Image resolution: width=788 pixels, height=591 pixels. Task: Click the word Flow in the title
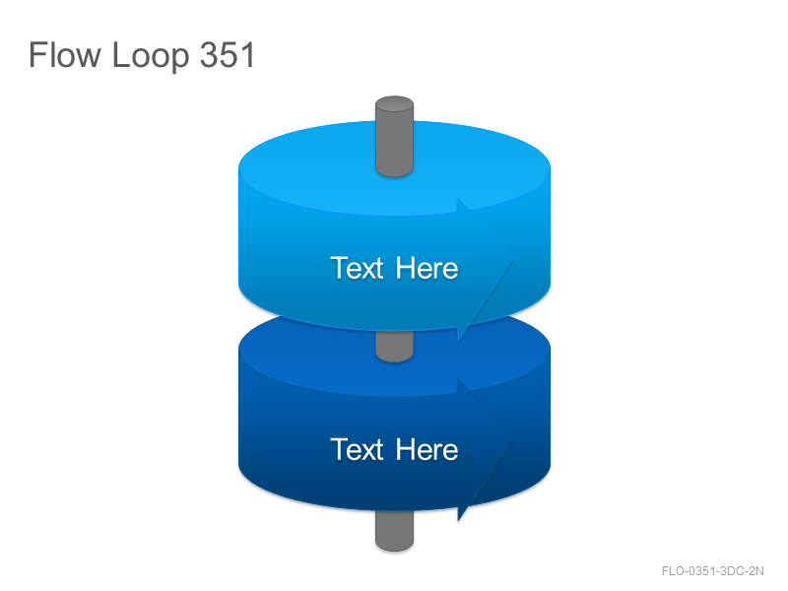tap(65, 54)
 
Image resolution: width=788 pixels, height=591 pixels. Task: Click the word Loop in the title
tap(151, 56)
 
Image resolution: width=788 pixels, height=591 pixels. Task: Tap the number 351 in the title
tap(228, 54)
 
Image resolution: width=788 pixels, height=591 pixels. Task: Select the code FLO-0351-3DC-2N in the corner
tap(712, 571)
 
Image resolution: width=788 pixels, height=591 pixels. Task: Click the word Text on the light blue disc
tap(357, 268)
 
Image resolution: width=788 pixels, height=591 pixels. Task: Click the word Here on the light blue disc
tap(427, 268)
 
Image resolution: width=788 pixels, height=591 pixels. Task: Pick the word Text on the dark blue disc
tap(357, 449)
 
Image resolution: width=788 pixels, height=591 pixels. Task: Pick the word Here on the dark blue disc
tap(427, 449)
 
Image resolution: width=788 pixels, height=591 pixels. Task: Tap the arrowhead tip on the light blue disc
tap(512, 259)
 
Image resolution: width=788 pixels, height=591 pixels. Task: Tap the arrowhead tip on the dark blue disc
tap(512, 439)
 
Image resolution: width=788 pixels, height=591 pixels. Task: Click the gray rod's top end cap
tap(395, 103)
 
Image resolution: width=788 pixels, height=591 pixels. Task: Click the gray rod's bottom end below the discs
tap(395, 532)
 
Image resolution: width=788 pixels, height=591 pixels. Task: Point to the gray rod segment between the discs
tap(395, 346)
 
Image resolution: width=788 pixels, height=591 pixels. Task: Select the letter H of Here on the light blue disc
tap(405, 268)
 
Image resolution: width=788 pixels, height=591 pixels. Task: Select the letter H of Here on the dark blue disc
tap(405, 449)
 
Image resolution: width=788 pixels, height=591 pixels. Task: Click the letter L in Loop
tap(119, 54)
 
